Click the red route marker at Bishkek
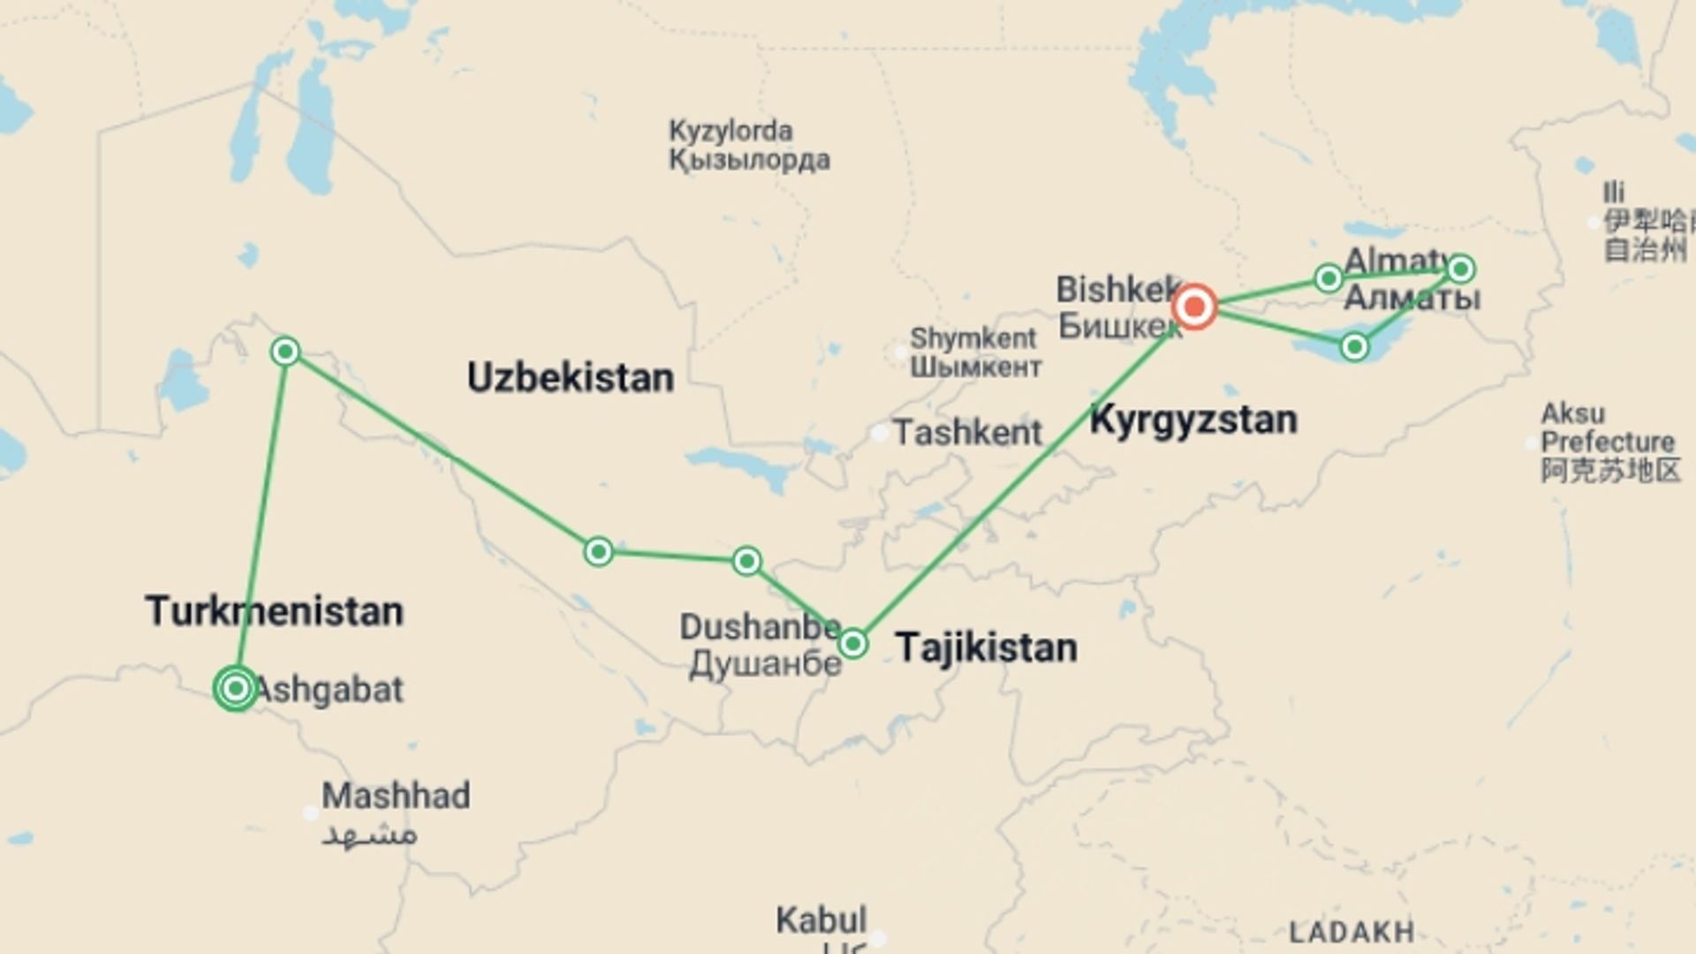(x=1194, y=307)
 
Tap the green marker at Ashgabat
(x=236, y=688)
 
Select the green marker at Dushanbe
(x=852, y=643)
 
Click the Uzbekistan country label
(x=570, y=378)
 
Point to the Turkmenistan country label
(x=274, y=611)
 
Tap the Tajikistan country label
(x=986, y=647)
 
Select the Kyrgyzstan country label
(x=1192, y=420)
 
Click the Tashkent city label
(x=967, y=433)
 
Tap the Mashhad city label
(x=395, y=797)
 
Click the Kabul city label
(x=821, y=920)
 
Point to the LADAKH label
(x=1351, y=932)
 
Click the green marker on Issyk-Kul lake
(x=1354, y=347)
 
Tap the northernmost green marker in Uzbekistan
(x=284, y=352)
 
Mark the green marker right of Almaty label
(x=1460, y=269)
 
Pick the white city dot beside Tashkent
(x=879, y=433)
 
